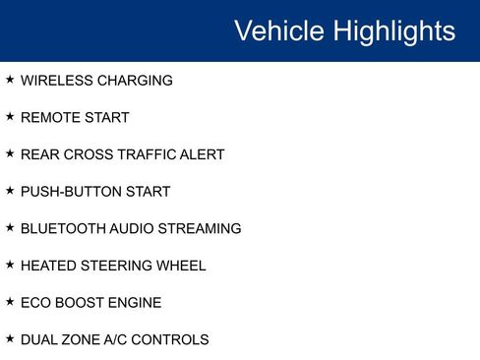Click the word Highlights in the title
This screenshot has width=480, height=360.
(393, 31)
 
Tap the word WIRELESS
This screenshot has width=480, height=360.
(55, 81)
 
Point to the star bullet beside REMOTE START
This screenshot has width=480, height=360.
(10, 117)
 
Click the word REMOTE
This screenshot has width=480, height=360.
(50, 118)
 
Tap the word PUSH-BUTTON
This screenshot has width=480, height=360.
(71, 192)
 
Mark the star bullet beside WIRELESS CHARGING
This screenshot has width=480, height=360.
(10, 80)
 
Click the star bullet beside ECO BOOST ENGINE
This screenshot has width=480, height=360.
(10, 302)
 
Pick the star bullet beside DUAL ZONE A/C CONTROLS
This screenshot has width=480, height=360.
(10, 338)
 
